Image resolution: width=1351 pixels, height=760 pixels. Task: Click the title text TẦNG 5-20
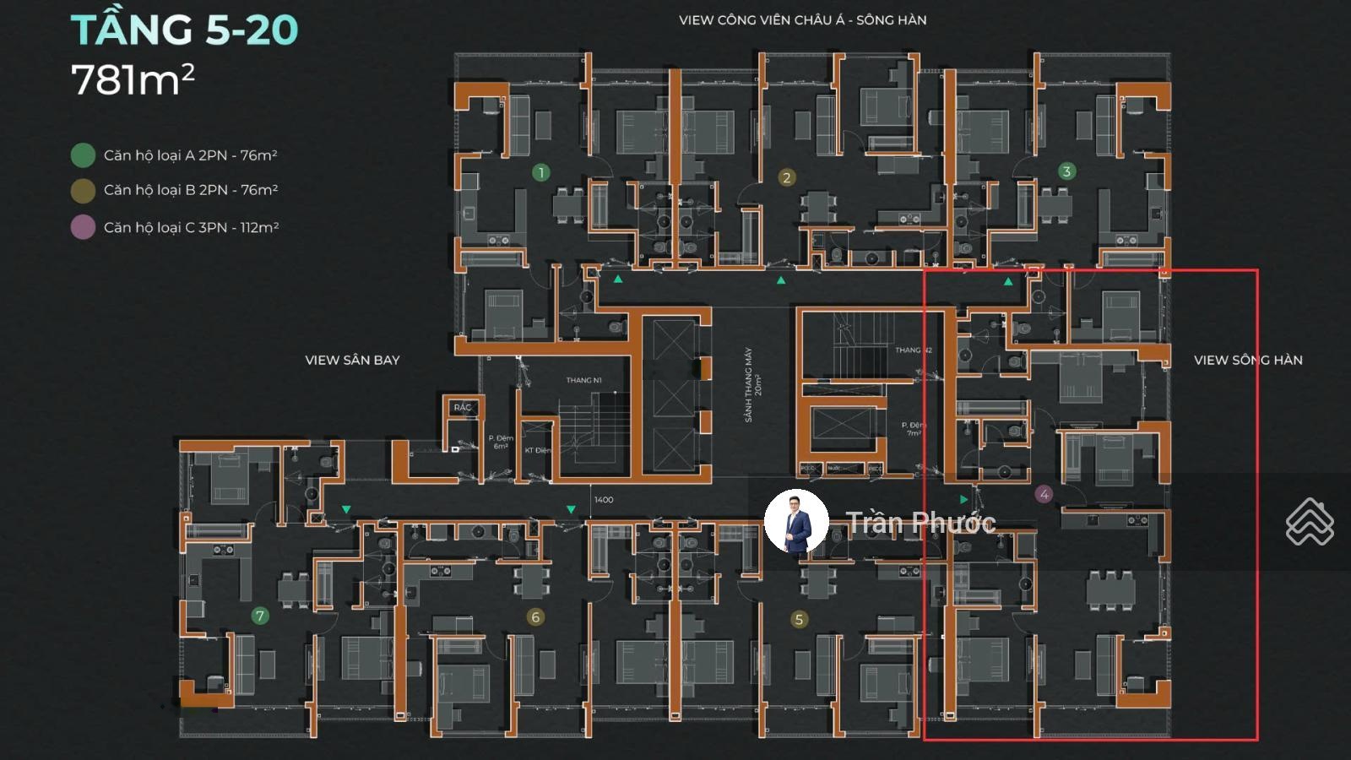pyautogui.click(x=184, y=30)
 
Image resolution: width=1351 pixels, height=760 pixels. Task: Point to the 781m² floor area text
pyautogui.click(x=133, y=80)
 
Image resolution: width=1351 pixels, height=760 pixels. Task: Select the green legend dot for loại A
pyautogui.click(x=83, y=155)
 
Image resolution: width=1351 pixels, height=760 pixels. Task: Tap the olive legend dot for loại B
pyautogui.click(x=83, y=191)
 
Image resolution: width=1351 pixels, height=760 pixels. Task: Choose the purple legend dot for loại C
pyautogui.click(x=83, y=227)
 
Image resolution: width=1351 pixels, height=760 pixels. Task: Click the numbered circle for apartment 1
pyautogui.click(x=541, y=172)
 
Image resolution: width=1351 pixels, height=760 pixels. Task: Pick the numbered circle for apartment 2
pyautogui.click(x=786, y=177)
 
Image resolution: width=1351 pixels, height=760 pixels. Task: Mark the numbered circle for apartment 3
pyautogui.click(x=1066, y=171)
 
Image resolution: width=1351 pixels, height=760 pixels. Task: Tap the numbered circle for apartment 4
pyautogui.click(x=1044, y=494)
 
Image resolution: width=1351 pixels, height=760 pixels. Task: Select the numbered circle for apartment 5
pyautogui.click(x=799, y=620)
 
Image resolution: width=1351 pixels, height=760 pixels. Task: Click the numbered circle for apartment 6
pyautogui.click(x=534, y=617)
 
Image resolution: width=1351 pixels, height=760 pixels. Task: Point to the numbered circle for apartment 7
pyautogui.click(x=260, y=616)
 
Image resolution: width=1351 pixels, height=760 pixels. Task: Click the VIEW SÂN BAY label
pyautogui.click(x=352, y=360)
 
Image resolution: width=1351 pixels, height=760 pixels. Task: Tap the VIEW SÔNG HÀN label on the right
pyautogui.click(x=1247, y=360)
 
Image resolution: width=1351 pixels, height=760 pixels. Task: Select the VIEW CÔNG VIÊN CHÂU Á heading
pyautogui.click(x=802, y=20)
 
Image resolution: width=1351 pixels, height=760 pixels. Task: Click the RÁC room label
pyautogui.click(x=463, y=407)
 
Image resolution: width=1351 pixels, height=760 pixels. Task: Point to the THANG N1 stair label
pyautogui.click(x=583, y=380)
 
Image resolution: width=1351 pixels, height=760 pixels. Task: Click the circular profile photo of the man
pyautogui.click(x=796, y=520)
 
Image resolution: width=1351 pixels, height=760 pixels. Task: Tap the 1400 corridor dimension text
pyautogui.click(x=604, y=500)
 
